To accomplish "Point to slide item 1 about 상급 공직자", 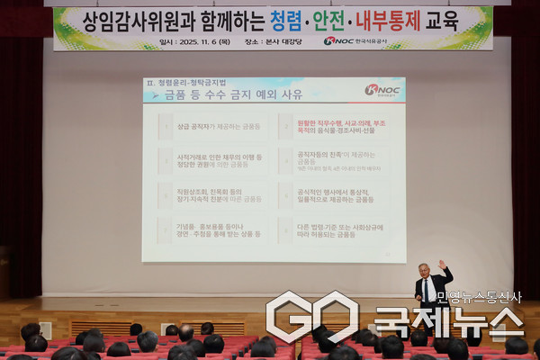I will point(211,127).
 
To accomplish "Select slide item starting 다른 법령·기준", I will point(333,228).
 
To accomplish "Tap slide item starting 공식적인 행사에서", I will point(333,193).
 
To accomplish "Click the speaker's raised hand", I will point(442,264).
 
